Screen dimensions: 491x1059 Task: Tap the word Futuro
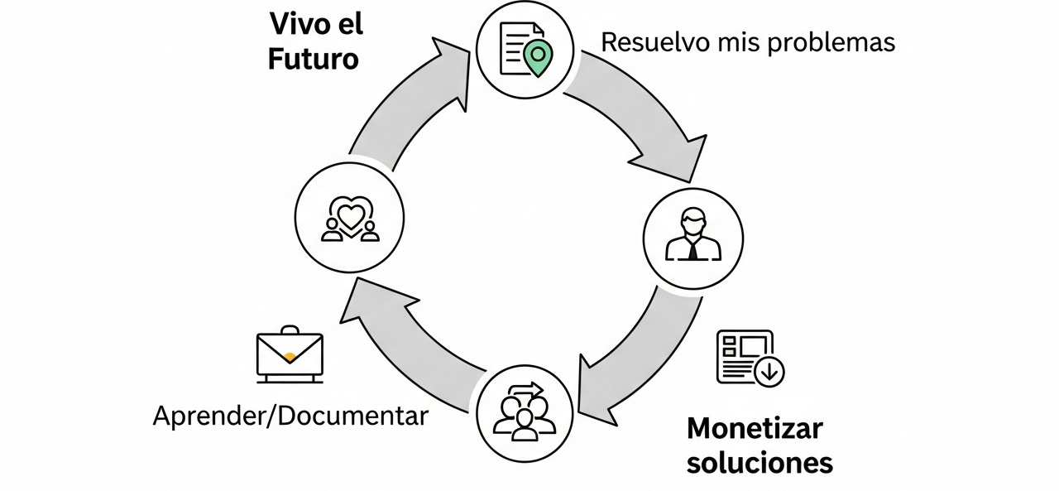tap(313, 60)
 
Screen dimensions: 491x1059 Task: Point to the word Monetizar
tap(755, 429)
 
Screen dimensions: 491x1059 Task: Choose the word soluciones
tap(760, 462)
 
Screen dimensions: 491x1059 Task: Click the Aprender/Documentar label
tap(290, 416)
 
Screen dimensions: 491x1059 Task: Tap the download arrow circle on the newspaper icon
tap(770, 372)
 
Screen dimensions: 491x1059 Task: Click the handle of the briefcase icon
tap(290, 331)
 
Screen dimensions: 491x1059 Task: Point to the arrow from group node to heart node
tap(405, 331)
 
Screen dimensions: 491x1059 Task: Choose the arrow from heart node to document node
tap(405, 99)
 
